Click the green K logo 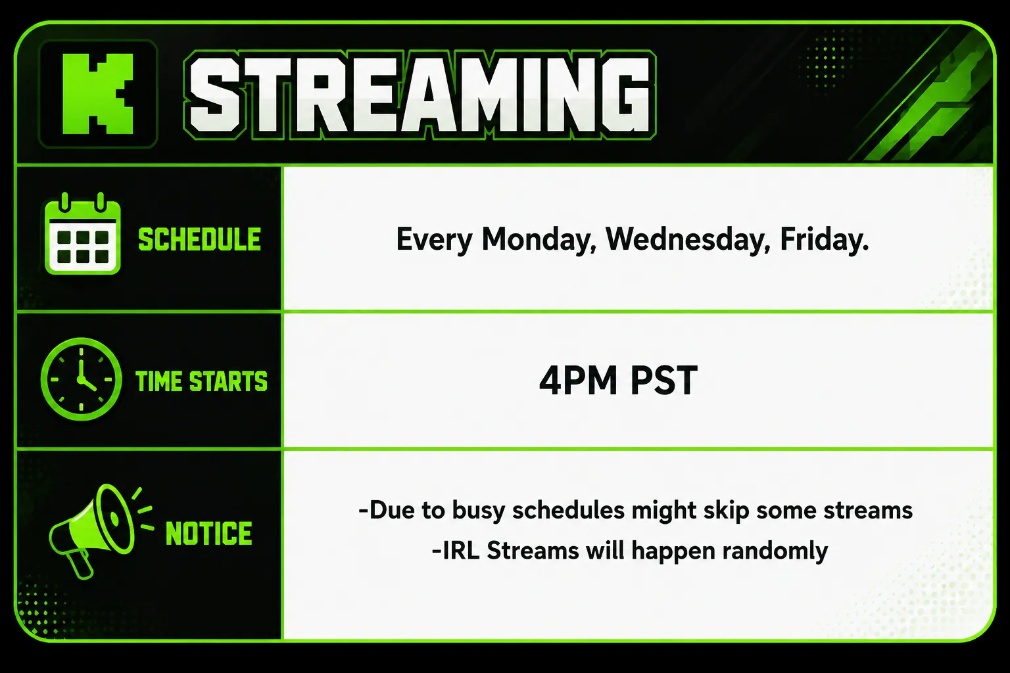pos(97,94)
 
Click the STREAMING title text pos(420,95)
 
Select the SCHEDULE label pos(199,239)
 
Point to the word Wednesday pos(688,239)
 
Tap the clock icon pos(81,379)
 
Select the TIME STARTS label pos(202,381)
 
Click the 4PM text pos(578,381)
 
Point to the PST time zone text pos(664,381)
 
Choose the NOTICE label pos(208,533)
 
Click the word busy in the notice pos(479,511)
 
